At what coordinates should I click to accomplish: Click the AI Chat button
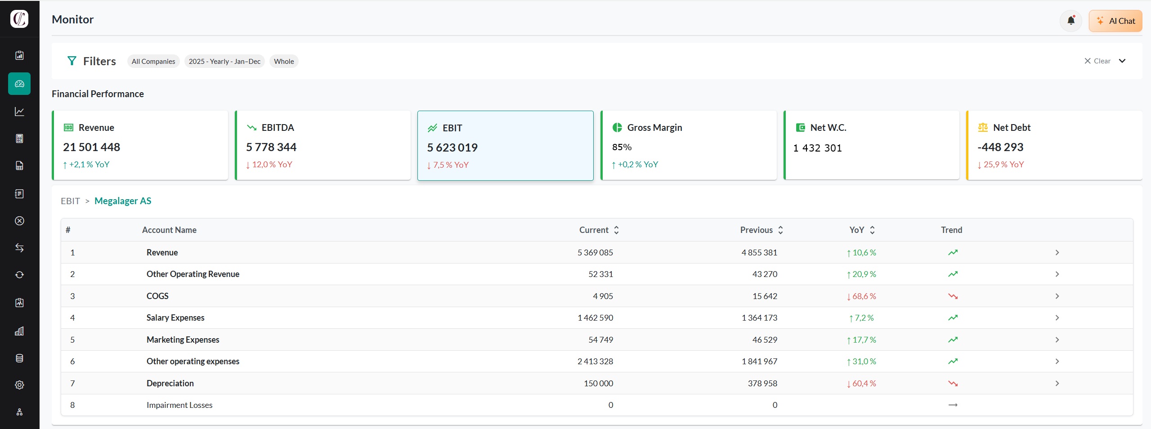tap(1115, 21)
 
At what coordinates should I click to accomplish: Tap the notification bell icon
tap(1071, 21)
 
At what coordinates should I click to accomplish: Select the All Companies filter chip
tap(153, 62)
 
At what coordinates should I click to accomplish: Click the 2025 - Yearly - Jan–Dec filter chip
tap(224, 62)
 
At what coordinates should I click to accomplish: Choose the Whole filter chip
tap(284, 62)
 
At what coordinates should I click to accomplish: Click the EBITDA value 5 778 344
tap(271, 147)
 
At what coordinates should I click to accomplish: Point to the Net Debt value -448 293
tap(1000, 147)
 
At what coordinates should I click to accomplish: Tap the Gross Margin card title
tap(654, 128)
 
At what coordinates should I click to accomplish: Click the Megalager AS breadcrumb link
tap(123, 201)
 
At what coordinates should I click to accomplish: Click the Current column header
tap(594, 230)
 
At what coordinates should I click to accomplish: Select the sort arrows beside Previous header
tap(781, 230)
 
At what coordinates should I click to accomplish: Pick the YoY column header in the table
tap(856, 230)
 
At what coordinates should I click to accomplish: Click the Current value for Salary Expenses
tap(595, 318)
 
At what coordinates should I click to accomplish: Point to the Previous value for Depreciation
tap(762, 384)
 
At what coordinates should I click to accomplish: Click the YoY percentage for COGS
tap(861, 296)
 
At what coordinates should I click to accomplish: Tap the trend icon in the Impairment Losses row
tap(953, 405)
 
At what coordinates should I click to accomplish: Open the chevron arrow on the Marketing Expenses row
tap(1057, 340)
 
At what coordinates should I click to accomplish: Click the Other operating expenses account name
tap(193, 362)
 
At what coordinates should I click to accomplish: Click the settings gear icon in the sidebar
tap(19, 385)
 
